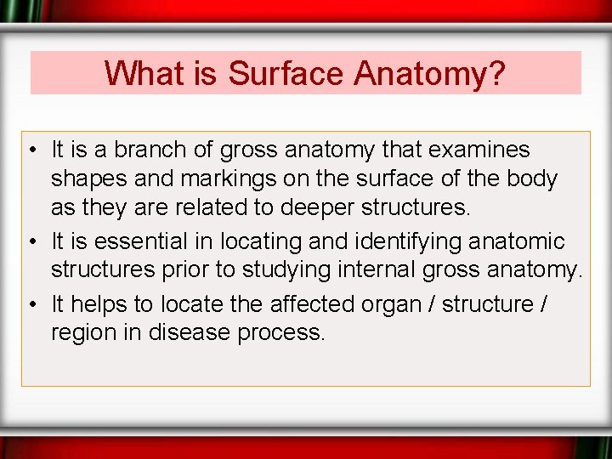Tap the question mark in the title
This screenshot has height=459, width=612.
497,73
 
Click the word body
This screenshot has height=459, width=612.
530,180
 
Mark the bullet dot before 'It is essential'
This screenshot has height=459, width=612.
30,241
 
